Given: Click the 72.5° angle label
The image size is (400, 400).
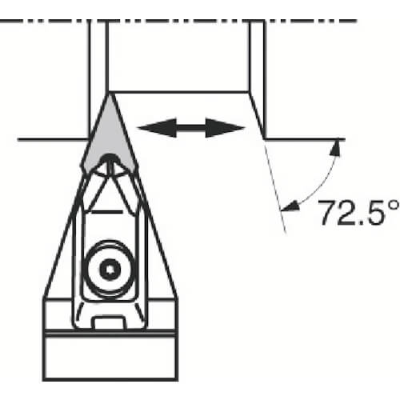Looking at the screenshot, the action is (x=358, y=213).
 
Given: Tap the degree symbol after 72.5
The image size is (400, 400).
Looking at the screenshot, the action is (x=394, y=206).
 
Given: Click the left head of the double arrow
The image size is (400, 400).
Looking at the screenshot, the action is (x=157, y=128).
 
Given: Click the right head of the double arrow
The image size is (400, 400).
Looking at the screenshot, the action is (x=226, y=128).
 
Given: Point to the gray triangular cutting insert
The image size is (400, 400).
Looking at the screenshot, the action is (x=109, y=138).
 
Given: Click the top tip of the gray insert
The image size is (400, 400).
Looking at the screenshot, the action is (x=109, y=94).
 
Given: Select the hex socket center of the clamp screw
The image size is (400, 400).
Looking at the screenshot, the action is (x=110, y=270).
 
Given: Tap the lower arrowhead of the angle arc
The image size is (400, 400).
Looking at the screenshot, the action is (x=290, y=206).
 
